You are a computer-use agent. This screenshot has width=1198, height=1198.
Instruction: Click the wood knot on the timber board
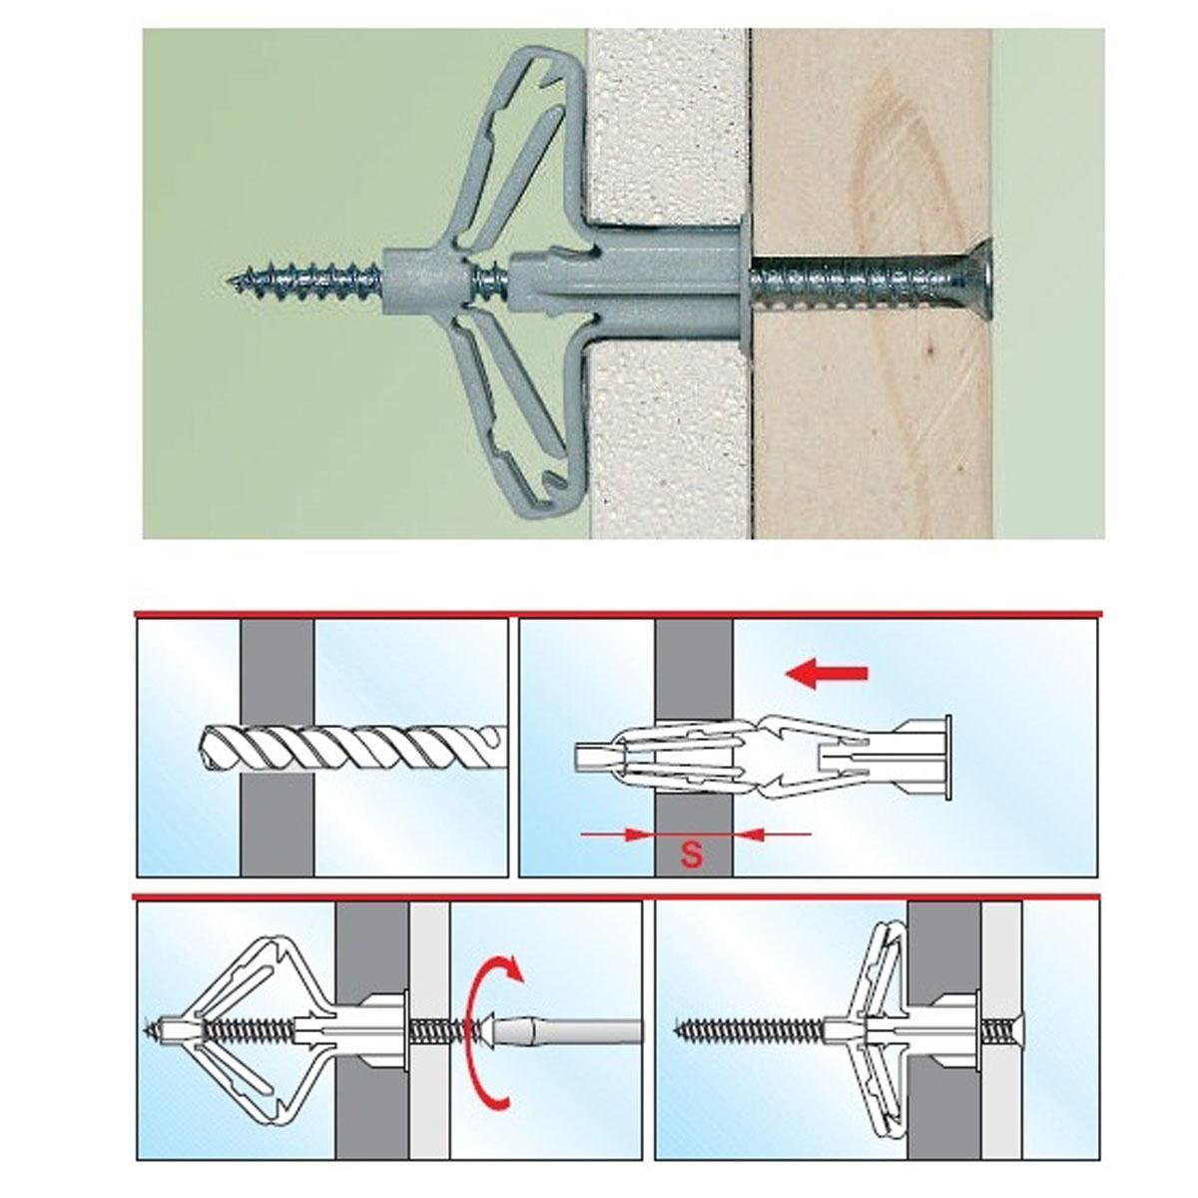[896, 187]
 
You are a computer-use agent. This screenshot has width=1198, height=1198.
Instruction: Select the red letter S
[691, 855]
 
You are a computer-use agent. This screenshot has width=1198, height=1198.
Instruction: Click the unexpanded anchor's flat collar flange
[948, 757]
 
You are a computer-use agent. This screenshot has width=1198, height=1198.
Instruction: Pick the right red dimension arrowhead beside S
[748, 834]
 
